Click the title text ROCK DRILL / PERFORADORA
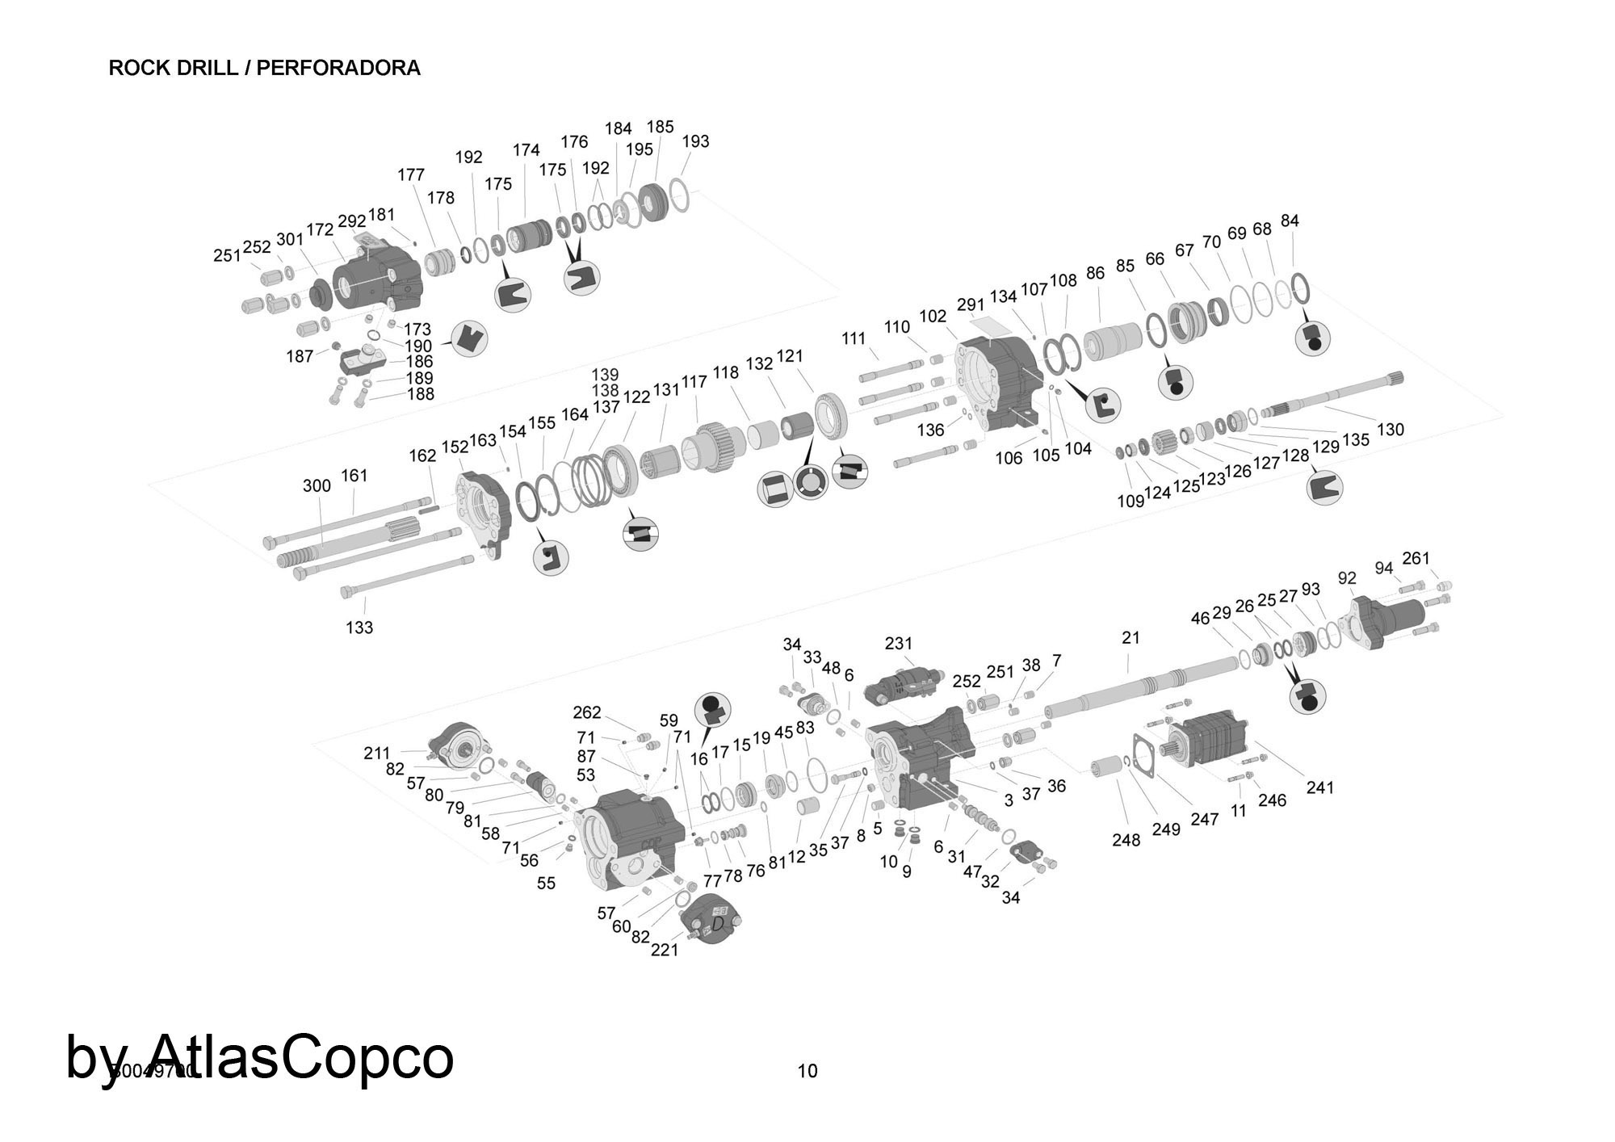pyautogui.click(x=264, y=68)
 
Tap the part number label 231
pyautogui.click(x=898, y=643)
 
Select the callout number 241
pyautogui.click(x=1319, y=787)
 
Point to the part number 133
pyautogui.click(x=359, y=627)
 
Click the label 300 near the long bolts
pyautogui.click(x=317, y=485)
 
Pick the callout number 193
pyautogui.click(x=695, y=141)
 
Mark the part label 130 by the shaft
pyautogui.click(x=1390, y=430)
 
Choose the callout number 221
pyautogui.click(x=665, y=950)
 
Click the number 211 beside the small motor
pyautogui.click(x=376, y=753)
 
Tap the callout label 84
pyautogui.click(x=1290, y=220)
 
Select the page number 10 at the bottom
pyautogui.click(x=807, y=1071)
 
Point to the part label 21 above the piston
pyautogui.click(x=1130, y=637)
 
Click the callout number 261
pyautogui.click(x=1416, y=558)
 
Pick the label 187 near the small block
pyautogui.click(x=300, y=356)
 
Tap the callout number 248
pyautogui.click(x=1126, y=840)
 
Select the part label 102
pyautogui.click(x=933, y=316)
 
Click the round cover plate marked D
pyautogui.click(x=711, y=920)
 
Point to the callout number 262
pyautogui.click(x=587, y=712)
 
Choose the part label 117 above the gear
pyautogui.click(x=694, y=382)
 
